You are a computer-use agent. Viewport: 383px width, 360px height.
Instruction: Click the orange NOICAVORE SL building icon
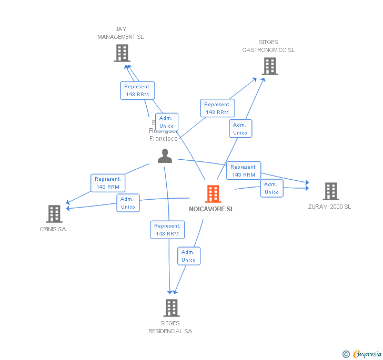point(213,194)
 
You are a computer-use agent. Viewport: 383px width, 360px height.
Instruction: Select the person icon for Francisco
point(165,156)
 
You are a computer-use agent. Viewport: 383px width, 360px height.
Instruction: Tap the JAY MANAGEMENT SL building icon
point(122,53)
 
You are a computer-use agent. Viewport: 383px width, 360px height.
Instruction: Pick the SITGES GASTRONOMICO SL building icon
point(269,66)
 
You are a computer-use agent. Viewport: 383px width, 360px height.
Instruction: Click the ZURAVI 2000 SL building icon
point(330,191)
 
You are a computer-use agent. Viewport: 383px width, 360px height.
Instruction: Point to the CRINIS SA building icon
point(54,214)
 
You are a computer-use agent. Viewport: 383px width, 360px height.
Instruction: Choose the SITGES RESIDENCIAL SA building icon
point(171,308)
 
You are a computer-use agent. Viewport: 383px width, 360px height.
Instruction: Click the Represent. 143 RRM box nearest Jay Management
point(137,90)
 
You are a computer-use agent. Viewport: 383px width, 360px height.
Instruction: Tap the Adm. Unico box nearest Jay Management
point(166,122)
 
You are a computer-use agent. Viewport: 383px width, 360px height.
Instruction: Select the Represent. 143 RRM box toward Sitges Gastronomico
point(217,108)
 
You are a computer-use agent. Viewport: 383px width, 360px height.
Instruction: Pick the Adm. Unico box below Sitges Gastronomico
point(240,129)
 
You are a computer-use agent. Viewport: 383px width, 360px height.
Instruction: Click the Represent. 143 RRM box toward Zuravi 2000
point(244,171)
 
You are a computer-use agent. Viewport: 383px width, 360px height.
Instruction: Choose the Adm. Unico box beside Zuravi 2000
point(271,188)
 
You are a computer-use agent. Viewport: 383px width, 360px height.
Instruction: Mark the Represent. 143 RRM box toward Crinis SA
point(108,183)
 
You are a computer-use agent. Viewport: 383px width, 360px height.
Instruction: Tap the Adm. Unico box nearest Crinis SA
point(128,203)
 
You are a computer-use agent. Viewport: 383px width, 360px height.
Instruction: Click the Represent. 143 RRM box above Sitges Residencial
point(167,230)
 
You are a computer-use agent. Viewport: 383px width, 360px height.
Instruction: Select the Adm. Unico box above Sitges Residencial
point(188,256)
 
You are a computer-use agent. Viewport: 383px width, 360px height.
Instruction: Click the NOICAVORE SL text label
point(211,209)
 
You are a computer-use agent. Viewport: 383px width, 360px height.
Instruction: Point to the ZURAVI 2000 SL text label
point(329,207)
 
